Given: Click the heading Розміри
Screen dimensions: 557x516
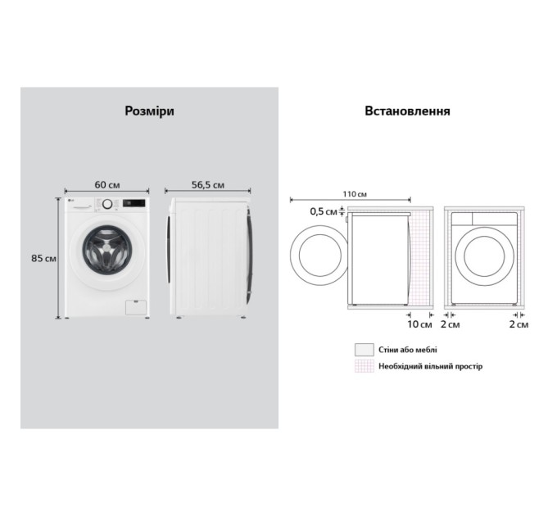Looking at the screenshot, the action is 149,111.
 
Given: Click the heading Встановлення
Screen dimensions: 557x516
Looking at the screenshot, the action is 407,111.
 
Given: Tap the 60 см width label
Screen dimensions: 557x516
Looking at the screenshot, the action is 107,184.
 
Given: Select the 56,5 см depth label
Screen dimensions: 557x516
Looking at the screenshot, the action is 208,184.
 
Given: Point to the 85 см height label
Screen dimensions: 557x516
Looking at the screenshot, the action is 43,258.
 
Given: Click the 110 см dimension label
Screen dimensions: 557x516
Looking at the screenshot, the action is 355,194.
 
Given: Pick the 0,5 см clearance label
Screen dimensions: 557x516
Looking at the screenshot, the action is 324,211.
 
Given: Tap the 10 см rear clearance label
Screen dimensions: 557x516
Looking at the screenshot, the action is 419,324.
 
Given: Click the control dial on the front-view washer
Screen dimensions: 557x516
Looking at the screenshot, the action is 107,204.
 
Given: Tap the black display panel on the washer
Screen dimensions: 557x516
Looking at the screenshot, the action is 134,203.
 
